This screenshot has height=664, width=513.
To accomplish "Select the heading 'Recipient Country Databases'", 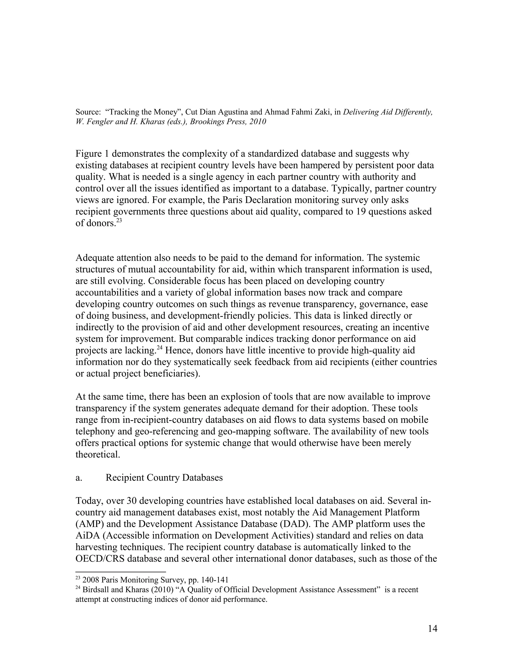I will [164, 478].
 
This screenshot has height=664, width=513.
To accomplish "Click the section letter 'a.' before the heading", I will [79, 478].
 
